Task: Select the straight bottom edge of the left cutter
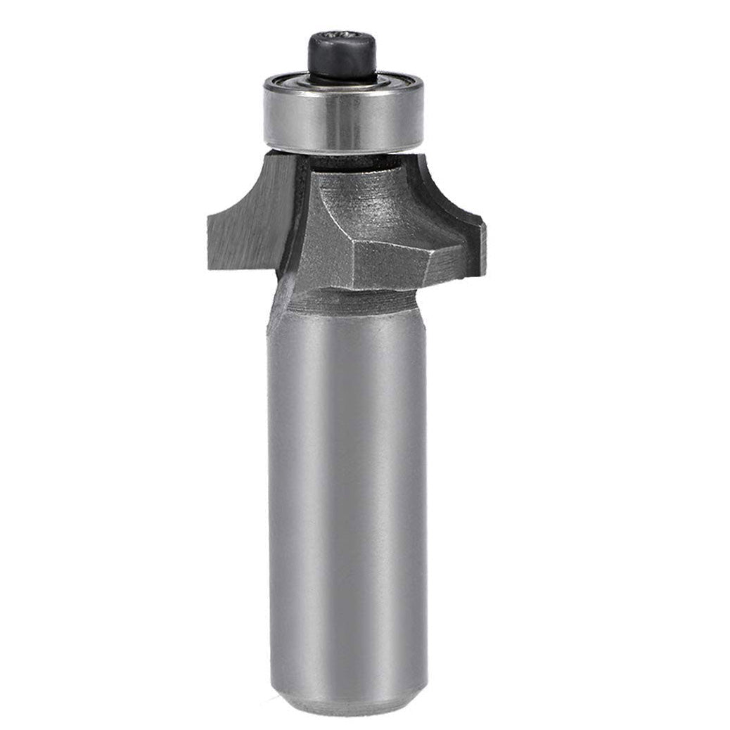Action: pos(243,269)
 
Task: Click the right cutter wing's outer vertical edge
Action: pos(483,246)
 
